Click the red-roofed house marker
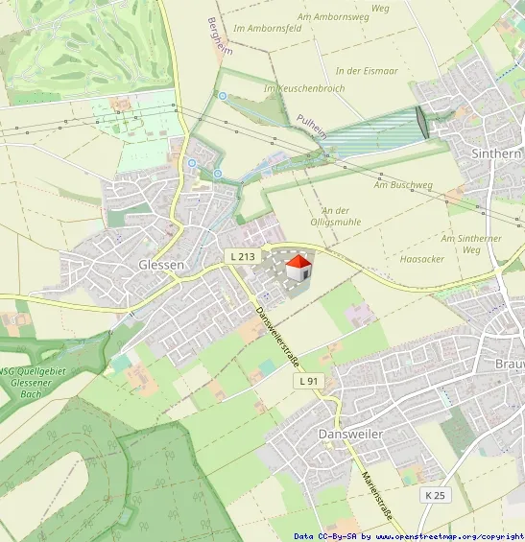(299, 267)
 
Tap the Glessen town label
(161, 265)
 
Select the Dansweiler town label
(350, 435)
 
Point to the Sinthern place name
(496, 153)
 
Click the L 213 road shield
(242, 256)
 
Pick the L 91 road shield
(308, 381)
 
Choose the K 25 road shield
(435, 495)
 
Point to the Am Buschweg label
(412, 184)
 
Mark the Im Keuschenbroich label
(303, 88)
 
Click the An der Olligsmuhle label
(335, 217)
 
